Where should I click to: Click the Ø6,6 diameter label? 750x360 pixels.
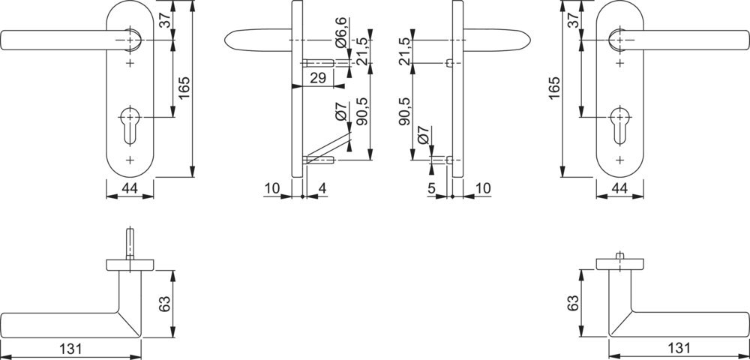[341, 32]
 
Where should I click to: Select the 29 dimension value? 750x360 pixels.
[318, 78]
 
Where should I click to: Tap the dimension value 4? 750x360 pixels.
[322, 189]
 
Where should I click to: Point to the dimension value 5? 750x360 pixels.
[431, 189]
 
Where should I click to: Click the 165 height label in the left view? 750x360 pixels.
[184, 88]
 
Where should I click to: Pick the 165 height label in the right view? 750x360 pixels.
[554, 88]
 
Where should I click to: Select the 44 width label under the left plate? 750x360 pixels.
[130, 189]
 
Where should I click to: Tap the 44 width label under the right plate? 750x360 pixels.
[619, 189]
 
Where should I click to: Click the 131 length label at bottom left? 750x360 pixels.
[70, 349]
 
